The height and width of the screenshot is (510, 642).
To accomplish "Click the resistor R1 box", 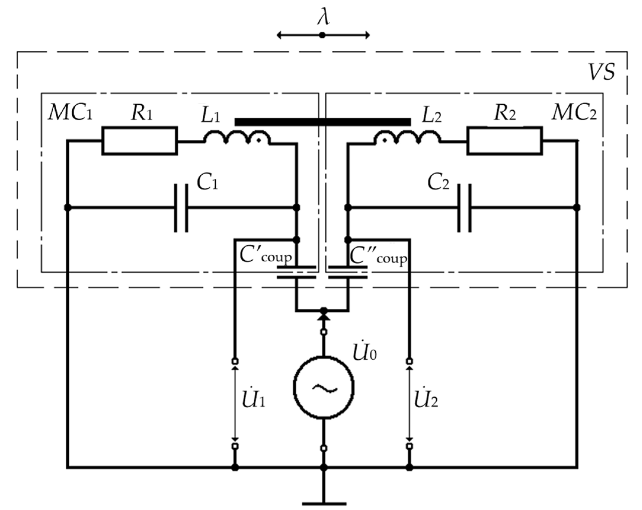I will (140, 141).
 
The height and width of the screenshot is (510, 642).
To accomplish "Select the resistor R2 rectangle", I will (505, 141).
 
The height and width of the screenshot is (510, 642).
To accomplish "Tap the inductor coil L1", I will (237, 138).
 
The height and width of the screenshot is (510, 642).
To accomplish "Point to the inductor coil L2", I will (407, 138).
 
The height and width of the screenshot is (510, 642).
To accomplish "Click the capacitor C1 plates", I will (181, 208).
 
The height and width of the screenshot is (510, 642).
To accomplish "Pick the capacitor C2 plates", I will (465, 208).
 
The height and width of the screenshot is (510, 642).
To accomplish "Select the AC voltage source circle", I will (324, 388).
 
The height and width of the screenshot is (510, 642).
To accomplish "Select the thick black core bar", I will (323, 122).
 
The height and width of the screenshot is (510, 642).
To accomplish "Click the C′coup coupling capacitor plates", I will (296, 272).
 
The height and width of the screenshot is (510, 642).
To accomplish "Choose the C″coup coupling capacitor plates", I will (348, 272).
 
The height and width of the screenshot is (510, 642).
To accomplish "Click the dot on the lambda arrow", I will (322, 35).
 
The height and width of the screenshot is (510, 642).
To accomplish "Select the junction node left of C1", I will (68, 208).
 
